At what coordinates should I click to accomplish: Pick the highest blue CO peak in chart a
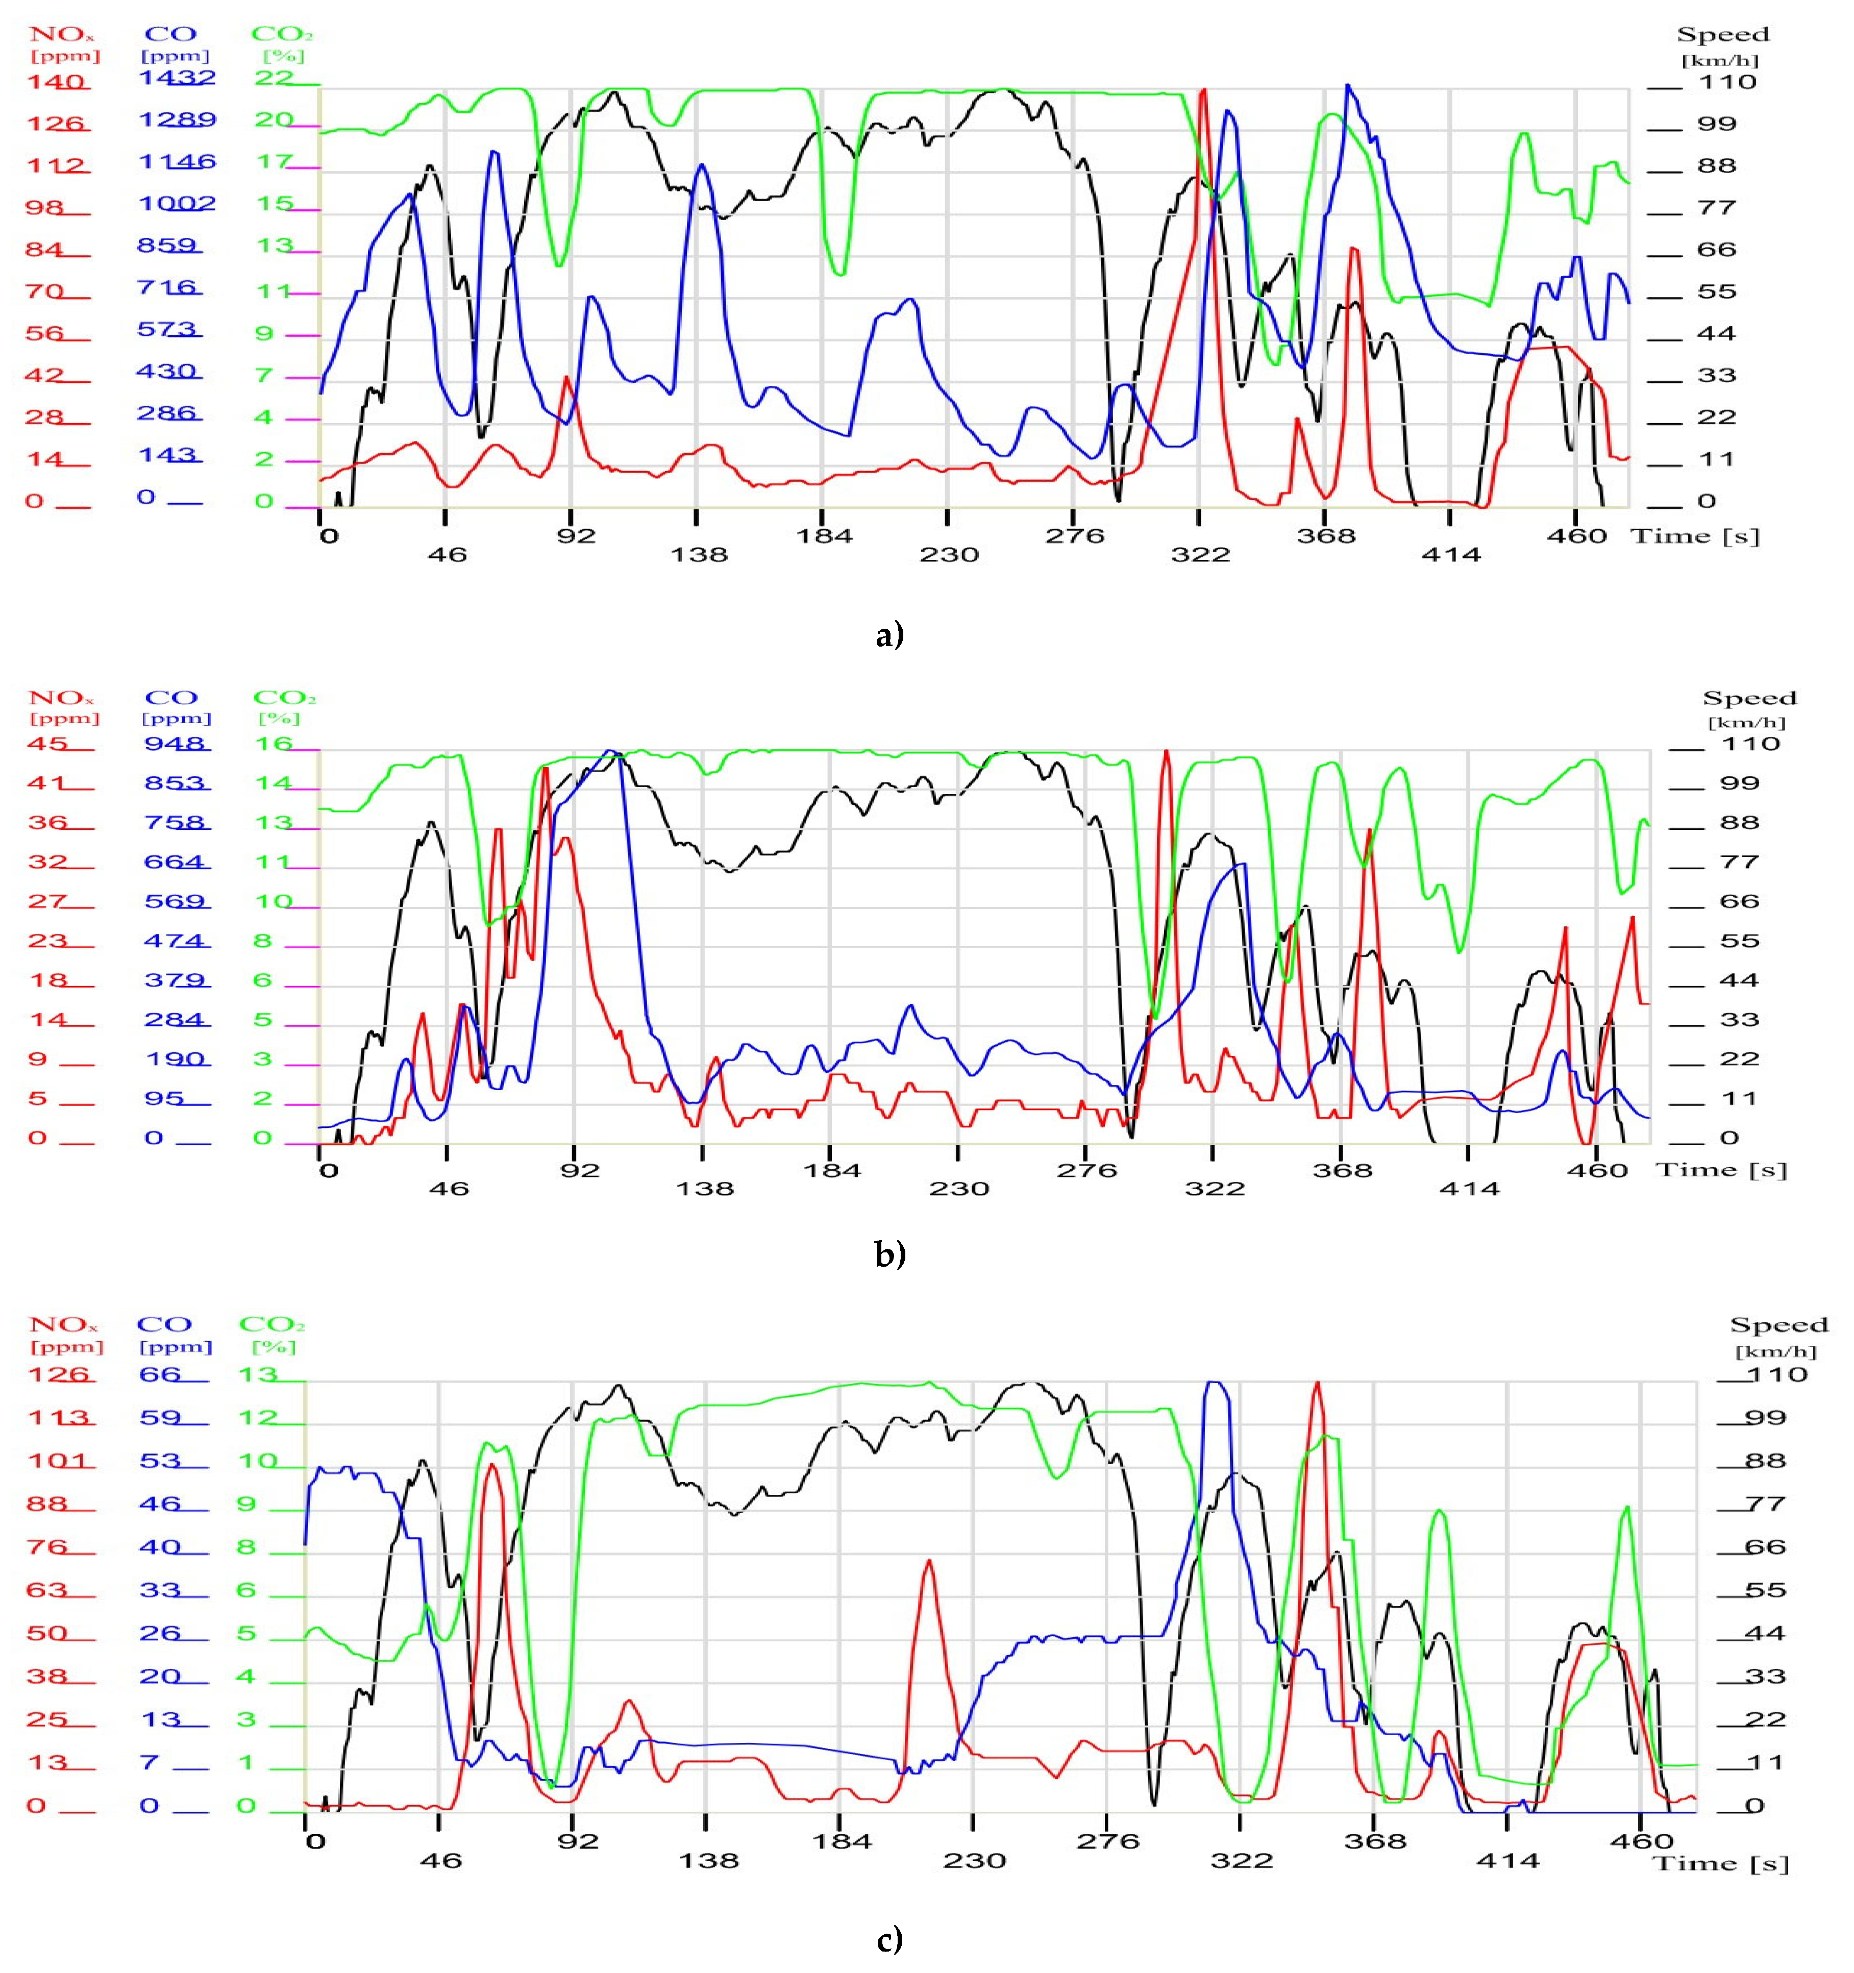click(x=1348, y=87)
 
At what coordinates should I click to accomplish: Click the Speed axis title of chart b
click(x=1750, y=699)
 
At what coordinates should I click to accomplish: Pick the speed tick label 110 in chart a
click(x=1728, y=81)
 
